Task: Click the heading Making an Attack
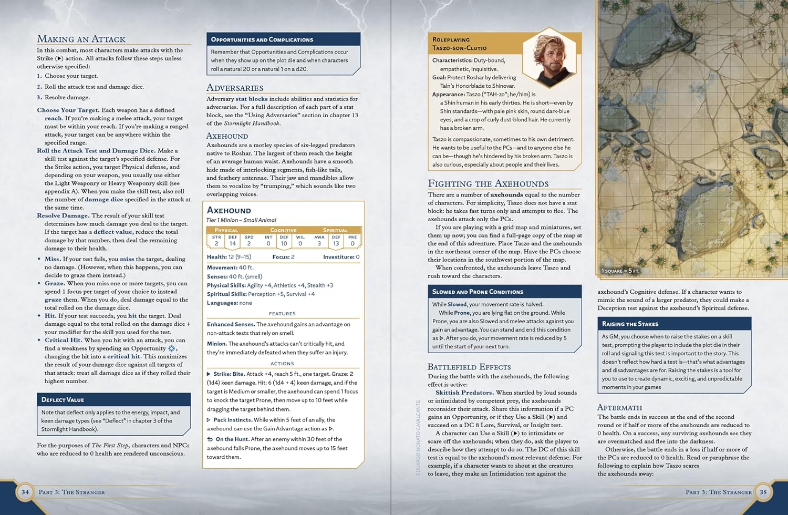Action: [x=81, y=39]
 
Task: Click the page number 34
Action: [x=25, y=492]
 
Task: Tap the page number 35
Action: [x=763, y=492]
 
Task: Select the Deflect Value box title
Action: [x=63, y=400]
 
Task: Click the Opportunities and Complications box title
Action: [x=262, y=39]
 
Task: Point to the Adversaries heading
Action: [x=235, y=88]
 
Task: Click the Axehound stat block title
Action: [x=229, y=210]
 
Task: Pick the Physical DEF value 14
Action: [x=233, y=243]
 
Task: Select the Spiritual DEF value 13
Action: [x=336, y=243]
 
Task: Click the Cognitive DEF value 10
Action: [x=284, y=243]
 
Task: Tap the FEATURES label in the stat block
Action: [x=282, y=314]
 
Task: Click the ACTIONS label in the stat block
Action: [x=282, y=364]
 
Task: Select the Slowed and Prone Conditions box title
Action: [x=478, y=292]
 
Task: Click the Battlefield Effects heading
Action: [x=469, y=367]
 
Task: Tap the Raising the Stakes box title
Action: [x=630, y=324]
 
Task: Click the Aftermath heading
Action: [x=619, y=407]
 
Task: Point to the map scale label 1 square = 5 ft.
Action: [x=620, y=271]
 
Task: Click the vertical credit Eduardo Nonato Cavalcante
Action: [x=419, y=438]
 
